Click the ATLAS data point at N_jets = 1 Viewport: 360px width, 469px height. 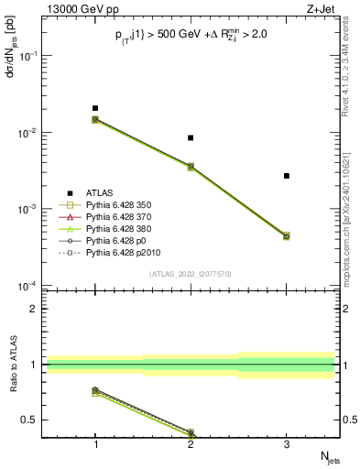pos(95,108)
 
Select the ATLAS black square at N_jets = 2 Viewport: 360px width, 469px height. pos(191,137)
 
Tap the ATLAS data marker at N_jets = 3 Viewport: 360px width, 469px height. pos(286,175)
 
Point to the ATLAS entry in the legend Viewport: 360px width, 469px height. pos(100,192)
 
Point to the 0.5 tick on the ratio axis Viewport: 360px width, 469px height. pos(36,420)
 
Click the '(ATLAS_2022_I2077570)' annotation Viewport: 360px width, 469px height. pos(191,273)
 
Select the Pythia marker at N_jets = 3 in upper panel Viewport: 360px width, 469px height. pos(286,236)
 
